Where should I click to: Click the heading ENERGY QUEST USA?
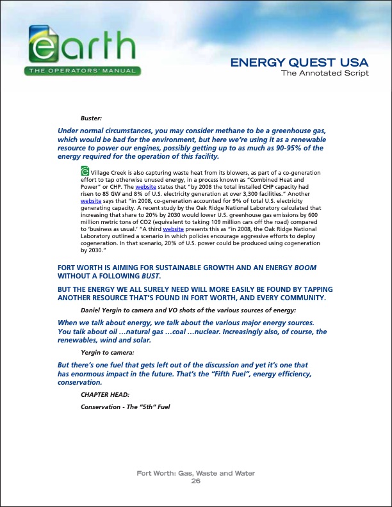click(299, 63)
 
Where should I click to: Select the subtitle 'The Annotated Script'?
click(325, 73)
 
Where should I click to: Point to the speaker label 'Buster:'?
click(91, 118)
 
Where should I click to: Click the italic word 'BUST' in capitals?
click(149, 276)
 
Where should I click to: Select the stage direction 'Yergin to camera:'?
click(107, 353)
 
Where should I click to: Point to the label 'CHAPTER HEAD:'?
click(102, 394)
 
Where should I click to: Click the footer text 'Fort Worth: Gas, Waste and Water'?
click(196, 473)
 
